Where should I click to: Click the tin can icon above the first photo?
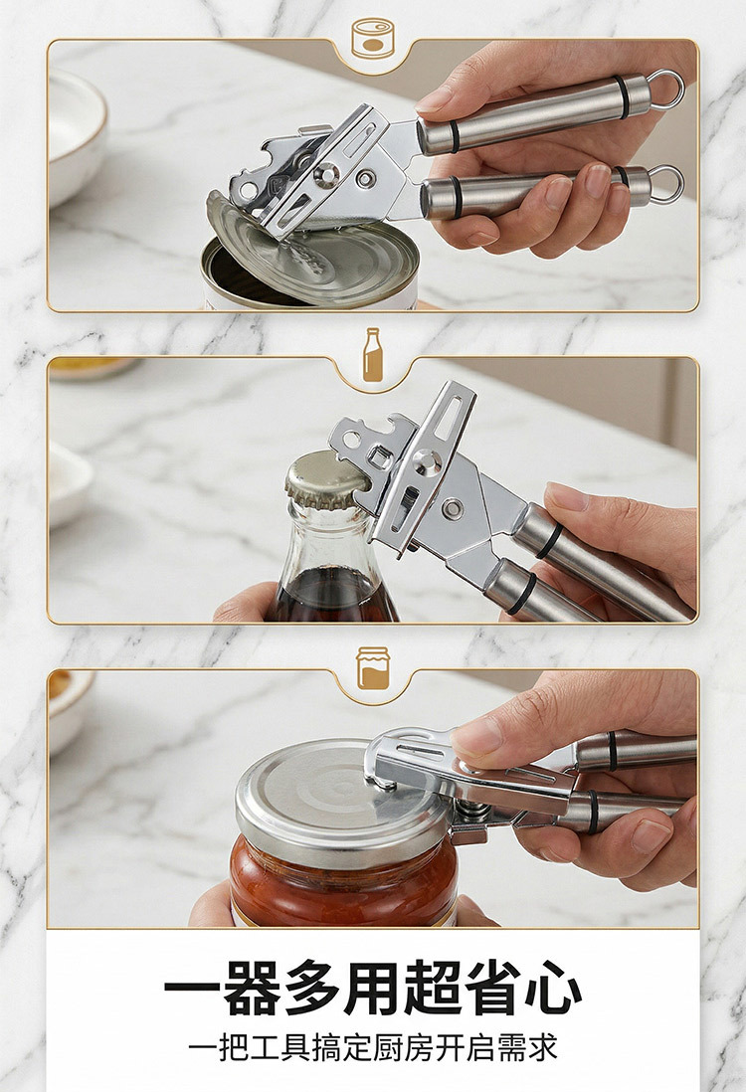point(373,38)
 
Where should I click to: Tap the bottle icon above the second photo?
point(373,355)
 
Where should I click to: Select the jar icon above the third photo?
point(373,668)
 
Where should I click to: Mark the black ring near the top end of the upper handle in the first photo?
point(622,96)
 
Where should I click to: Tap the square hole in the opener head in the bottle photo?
point(378,456)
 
